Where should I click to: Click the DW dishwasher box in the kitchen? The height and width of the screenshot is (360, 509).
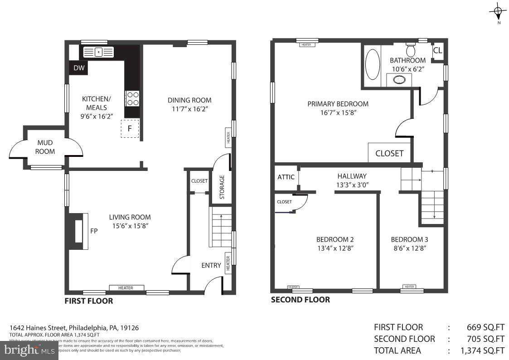[79, 68]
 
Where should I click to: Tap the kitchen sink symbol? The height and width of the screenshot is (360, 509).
[98, 52]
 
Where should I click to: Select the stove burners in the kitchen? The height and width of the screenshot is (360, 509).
[132, 98]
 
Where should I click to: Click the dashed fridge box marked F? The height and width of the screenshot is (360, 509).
[130, 129]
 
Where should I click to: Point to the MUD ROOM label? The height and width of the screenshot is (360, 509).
[45, 147]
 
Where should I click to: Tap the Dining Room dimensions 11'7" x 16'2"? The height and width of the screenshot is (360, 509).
[189, 109]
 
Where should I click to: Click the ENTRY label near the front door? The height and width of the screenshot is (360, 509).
[211, 265]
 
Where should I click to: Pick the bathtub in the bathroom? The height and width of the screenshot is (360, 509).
[373, 64]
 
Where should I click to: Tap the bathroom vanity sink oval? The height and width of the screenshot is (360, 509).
[399, 80]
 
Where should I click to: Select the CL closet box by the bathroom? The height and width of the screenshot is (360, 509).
[437, 50]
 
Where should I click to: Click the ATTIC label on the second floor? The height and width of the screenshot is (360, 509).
[286, 177]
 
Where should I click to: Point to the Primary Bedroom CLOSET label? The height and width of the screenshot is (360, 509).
[389, 153]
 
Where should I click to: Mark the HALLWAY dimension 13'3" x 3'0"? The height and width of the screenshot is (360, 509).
[352, 185]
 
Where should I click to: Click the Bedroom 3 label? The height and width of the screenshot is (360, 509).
[409, 239]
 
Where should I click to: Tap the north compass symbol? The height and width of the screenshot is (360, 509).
[498, 11]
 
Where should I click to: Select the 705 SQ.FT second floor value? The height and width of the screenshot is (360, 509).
[485, 339]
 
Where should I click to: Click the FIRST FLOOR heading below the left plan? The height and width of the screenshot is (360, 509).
[89, 301]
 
